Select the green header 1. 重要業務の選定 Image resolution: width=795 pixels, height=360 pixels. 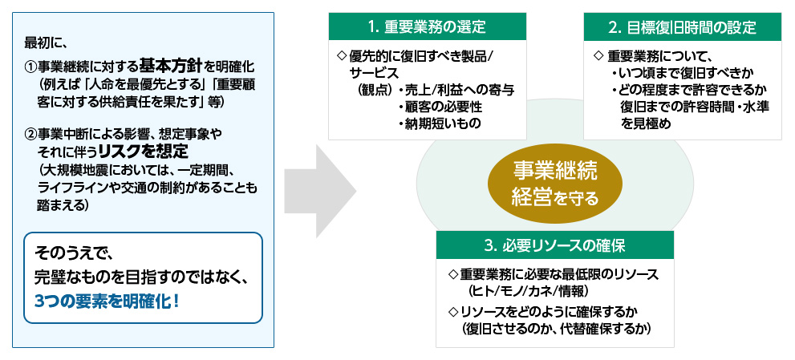tap(427, 26)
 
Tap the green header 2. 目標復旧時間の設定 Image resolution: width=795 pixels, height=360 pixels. tap(682, 26)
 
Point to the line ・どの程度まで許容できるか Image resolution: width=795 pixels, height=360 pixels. tap(688, 90)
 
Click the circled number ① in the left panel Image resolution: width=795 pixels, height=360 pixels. tap(30, 66)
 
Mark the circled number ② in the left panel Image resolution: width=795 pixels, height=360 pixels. tap(30, 134)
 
